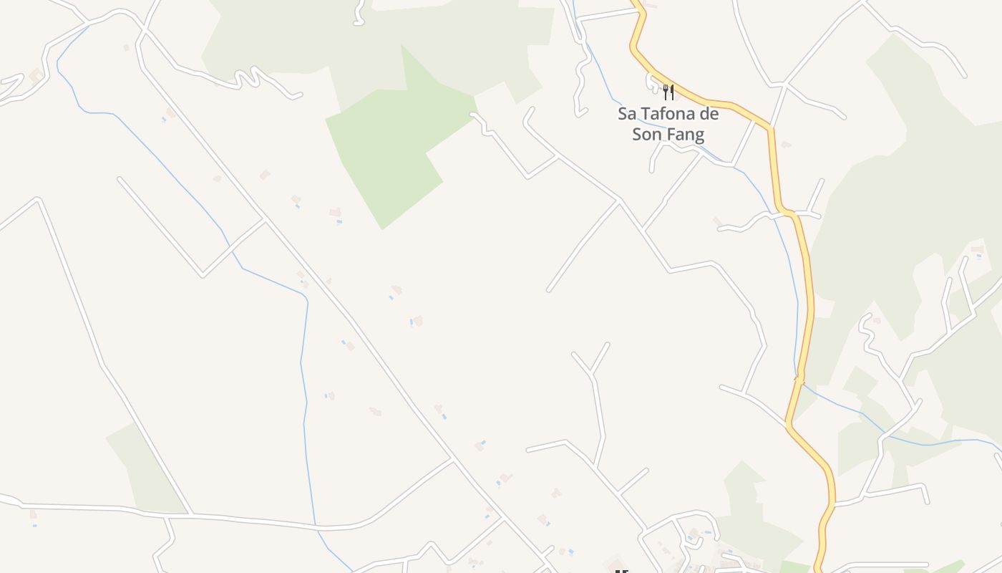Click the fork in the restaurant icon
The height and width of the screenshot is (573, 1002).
point(665,92)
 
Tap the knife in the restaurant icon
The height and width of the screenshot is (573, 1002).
point(671,92)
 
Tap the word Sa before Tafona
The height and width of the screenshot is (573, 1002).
point(627,114)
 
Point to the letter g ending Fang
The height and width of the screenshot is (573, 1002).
point(699,136)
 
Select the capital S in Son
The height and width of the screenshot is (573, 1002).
point(637,134)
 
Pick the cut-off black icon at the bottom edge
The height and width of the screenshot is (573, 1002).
point(621,571)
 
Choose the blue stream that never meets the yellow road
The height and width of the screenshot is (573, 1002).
point(304,358)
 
